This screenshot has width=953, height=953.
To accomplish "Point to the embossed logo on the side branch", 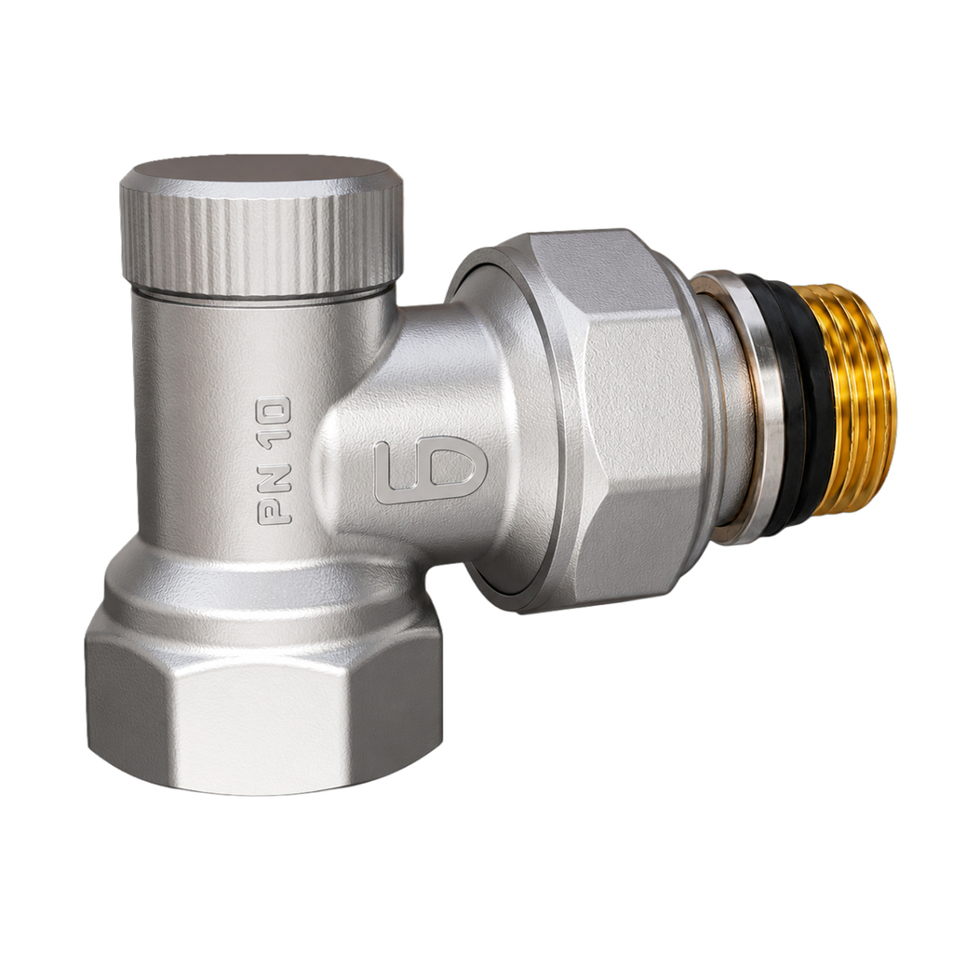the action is pos(430,469).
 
